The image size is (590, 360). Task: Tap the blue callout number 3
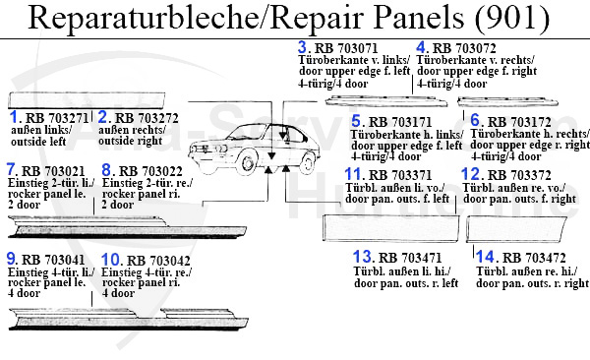point(302,46)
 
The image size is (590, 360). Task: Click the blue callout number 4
point(421,46)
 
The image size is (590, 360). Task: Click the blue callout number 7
point(12,168)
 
